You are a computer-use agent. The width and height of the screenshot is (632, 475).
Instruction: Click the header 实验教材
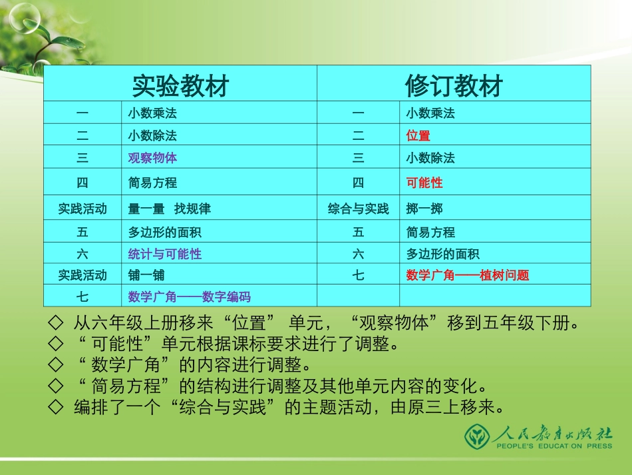pos(180,85)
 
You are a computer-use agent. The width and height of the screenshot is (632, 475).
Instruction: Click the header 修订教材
pos(454,85)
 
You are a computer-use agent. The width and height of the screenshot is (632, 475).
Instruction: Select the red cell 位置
pos(418,136)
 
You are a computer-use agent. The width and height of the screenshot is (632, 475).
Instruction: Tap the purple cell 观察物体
pos(152,158)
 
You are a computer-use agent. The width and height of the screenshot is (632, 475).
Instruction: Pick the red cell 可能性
pos(424,183)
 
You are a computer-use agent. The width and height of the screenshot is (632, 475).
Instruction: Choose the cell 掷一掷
pos(424,209)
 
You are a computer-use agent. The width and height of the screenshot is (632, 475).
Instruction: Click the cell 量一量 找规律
pos(169,209)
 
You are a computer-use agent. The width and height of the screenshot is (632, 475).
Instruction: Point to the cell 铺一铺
pos(146,274)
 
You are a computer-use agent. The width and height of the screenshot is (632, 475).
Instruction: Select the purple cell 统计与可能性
pos(164,254)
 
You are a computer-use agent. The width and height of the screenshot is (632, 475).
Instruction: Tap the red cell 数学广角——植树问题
pos(468,274)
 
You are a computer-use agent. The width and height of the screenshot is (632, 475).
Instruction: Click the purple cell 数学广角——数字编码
pos(189,296)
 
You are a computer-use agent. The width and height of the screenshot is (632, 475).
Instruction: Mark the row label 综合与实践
pos(358,209)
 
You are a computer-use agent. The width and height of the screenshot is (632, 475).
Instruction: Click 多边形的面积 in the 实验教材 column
pos(164,233)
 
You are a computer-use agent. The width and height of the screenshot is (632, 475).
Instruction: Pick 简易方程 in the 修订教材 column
pos(430,233)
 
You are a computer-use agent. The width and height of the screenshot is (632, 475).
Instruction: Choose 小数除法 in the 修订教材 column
pos(430,158)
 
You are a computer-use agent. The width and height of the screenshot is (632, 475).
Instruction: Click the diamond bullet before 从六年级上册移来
pos(56,324)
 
